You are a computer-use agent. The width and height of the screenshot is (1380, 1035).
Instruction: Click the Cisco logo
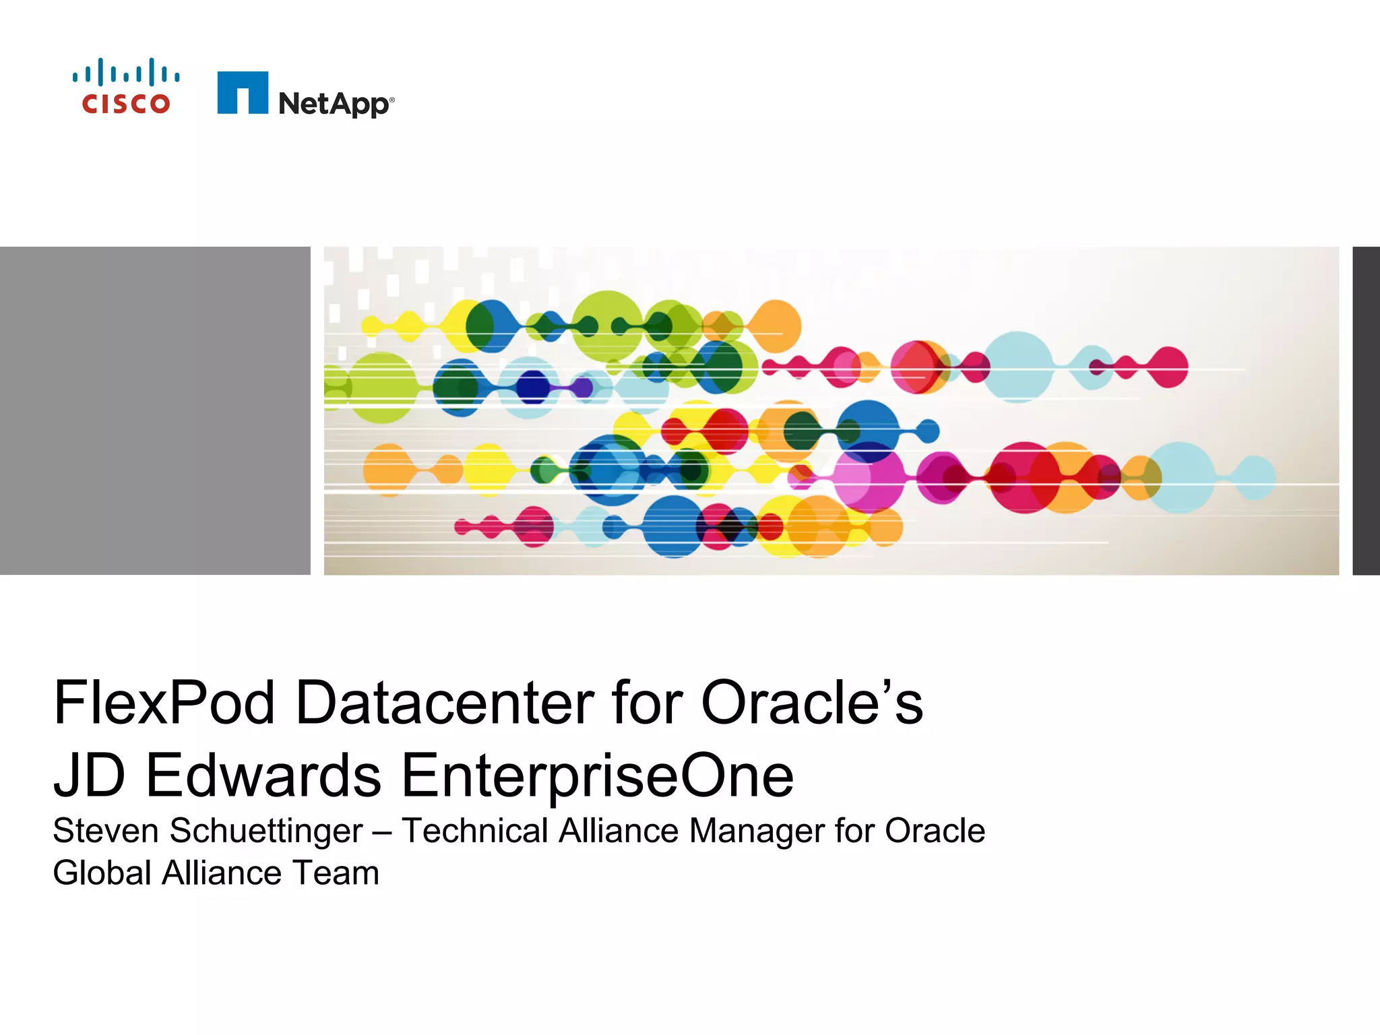tap(126, 86)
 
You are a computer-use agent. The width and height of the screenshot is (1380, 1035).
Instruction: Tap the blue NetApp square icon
tap(242, 93)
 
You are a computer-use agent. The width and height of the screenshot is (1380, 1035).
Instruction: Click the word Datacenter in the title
tap(445, 703)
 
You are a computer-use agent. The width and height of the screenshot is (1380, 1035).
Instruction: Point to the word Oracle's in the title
tap(811, 703)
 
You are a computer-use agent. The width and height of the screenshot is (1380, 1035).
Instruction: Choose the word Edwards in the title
tap(263, 776)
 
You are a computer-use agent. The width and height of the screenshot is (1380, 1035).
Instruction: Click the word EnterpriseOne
tap(597, 776)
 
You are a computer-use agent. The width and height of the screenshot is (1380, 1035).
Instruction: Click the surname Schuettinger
tap(265, 831)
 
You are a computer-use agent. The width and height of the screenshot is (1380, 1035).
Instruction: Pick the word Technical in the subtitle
tap(475, 831)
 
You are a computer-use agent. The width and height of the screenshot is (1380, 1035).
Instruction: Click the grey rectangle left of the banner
tap(155, 410)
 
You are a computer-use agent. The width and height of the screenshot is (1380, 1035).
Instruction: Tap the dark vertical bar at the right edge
tap(1366, 410)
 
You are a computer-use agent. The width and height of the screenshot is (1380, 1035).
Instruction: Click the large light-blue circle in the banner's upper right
tap(1017, 367)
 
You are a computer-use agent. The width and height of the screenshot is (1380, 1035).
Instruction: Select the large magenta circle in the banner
tap(869, 477)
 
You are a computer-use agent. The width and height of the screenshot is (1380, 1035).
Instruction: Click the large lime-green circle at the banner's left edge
tap(381, 387)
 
